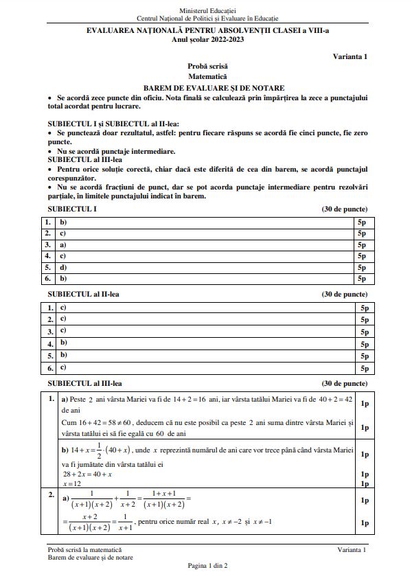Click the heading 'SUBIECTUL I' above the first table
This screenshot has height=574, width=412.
tap(71, 209)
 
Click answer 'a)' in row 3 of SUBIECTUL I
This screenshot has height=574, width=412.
tap(63, 244)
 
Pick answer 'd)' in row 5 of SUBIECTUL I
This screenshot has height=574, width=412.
tap(63, 267)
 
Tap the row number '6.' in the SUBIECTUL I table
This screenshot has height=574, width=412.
tap(48, 279)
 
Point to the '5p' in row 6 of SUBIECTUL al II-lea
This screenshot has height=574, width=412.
tap(364, 368)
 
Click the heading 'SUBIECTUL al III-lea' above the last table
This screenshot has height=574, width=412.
tap(85, 383)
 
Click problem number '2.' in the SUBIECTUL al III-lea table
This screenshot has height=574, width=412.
tap(50, 494)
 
